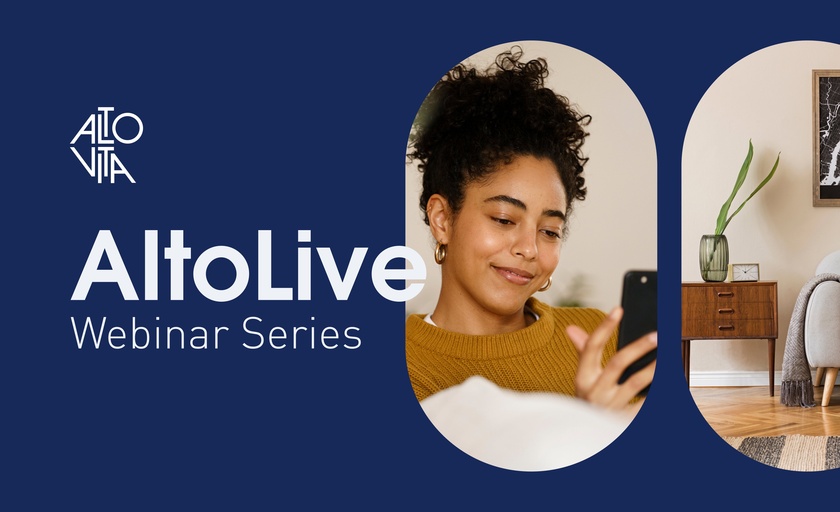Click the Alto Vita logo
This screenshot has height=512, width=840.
click(x=106, y=145)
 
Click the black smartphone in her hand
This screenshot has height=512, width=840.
click(x=637, y=327)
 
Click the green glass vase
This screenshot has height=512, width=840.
click(x=714, y=258)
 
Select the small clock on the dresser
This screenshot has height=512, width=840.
click(x=744, y=272)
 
